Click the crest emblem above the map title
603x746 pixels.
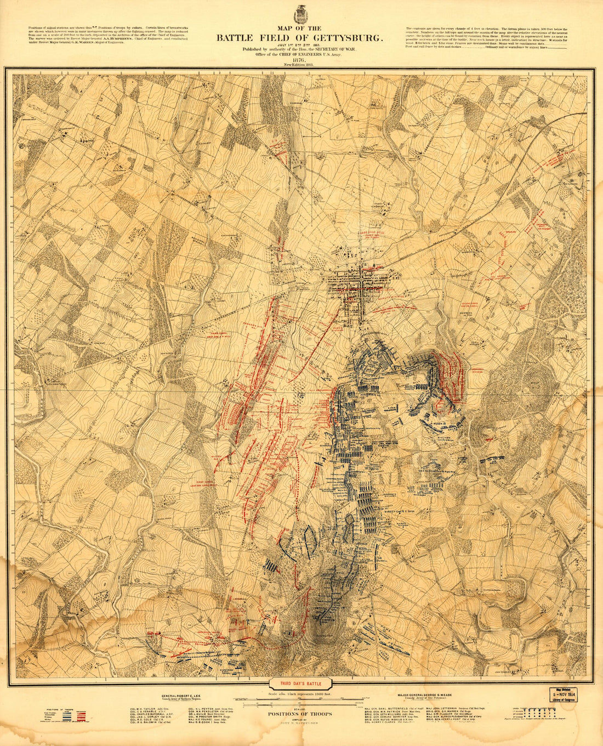tap(300, 13)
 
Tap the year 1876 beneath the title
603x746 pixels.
tap(300, 60)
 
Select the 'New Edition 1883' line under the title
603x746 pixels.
tap(300, 65)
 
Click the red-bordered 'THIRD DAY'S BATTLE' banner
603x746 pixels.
tap(300, 684)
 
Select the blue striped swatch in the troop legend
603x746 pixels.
tap(67, 715)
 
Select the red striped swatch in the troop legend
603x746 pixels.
tap(82, 715)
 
